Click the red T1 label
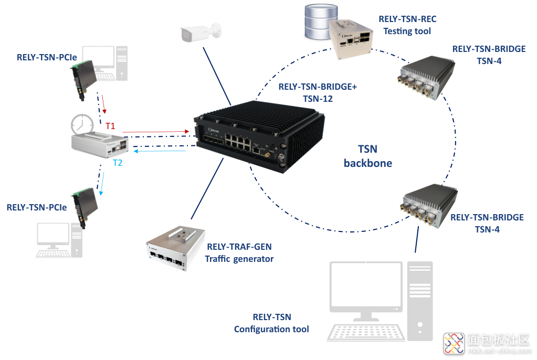tap(110, 126)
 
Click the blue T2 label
tap(118, 163)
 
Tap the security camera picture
tap(199, 33)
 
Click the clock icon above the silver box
tap(82, 124)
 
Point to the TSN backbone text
tap(367, 156)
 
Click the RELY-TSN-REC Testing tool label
tap(407, 25)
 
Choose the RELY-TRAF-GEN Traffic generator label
tap(239, 253)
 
